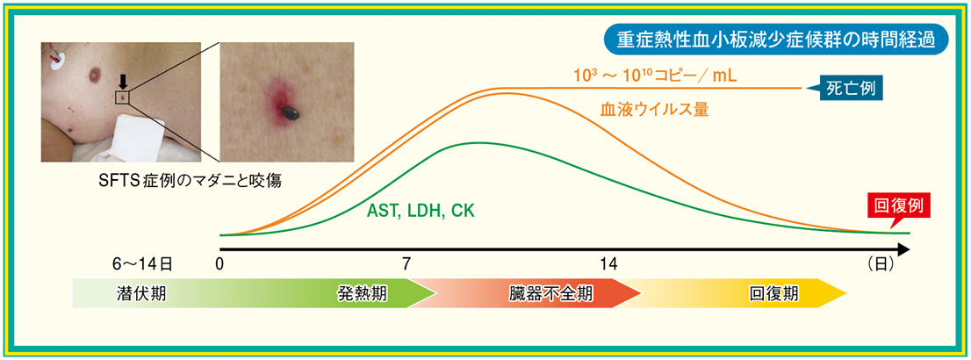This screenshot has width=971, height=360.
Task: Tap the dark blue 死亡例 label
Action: tap(849, 90)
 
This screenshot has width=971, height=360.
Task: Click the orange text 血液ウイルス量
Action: tap(655, 111)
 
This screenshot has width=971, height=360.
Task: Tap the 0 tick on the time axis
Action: tap(219, 264)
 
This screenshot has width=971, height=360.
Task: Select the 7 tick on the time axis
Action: tap(406, 264)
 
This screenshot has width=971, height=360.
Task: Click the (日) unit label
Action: tap(880, 264)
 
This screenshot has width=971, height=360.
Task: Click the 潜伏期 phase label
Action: tap(140, 293)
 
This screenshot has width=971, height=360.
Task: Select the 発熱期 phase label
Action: tap(363, 293)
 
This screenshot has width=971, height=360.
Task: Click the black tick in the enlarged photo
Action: tap(290, 111)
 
